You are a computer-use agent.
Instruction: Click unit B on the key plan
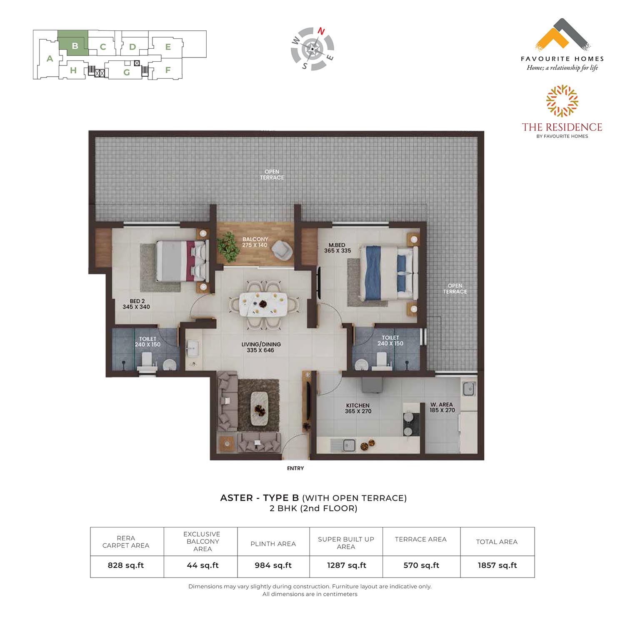(x=73, y=43)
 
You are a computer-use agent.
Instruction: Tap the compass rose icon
(x=312, y=49)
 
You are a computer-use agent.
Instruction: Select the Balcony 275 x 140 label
(x=255, y=242)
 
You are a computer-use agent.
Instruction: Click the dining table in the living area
(x=263, y=304)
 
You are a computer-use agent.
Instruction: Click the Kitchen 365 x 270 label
(x=358, y=408)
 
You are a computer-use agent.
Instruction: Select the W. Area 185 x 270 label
(x=442, y=407)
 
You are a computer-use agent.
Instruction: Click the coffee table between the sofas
(x=260, y=408)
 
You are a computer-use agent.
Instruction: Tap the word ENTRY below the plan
(x=295, y=468)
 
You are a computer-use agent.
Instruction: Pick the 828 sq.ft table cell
(x=126, y=565)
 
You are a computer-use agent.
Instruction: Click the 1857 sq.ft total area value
(x=497, y=565)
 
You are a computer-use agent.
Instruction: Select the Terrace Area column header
(x=421, y=539)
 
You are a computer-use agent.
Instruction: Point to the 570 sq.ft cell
(x=421, y=565)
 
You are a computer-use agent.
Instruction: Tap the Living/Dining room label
(x=261, y=347)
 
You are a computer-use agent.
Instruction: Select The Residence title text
(x=562, y=127)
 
